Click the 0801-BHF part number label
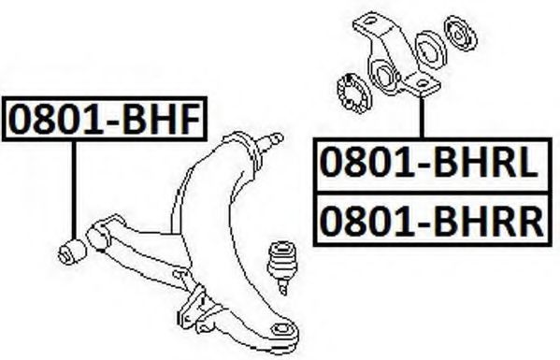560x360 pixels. (x=105, y=119)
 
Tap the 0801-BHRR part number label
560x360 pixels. (x=432, y=221)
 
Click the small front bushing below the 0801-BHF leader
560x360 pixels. (x=72, y=252)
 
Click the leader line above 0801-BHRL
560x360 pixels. (x=423, y=117)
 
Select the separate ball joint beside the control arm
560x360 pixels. (x=280, y=266)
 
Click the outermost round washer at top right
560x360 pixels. (x=460, y=34)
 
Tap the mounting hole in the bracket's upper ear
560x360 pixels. (x=369, y=21)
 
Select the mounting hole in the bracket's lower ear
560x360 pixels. (x=423, y=84)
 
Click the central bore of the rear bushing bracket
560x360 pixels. (x=384, y=76)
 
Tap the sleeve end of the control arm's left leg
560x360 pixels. (x=99, y=235)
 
